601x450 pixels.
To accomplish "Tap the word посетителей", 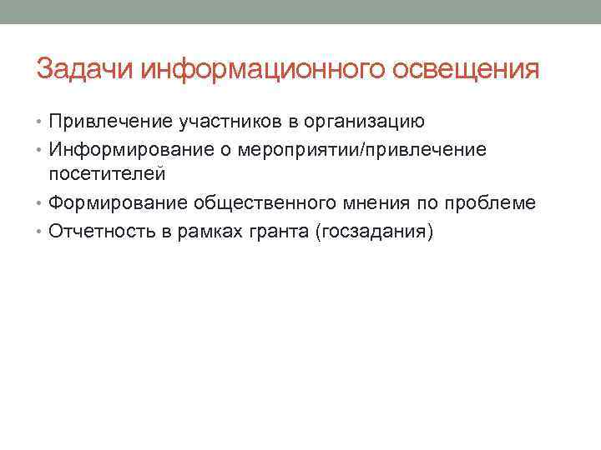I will coord(107,174).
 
